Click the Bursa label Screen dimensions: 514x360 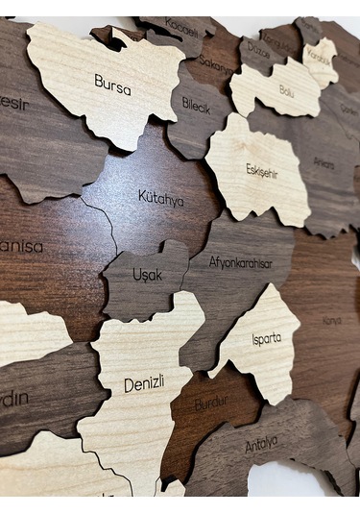[x=112, y=84]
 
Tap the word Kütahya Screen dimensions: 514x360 [x=160, y=198]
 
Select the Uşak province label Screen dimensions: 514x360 [x=147, y=275]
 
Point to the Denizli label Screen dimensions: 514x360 [x=144, y=384]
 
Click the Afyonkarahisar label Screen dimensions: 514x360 [x=240, y=262]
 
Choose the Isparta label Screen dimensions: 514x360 [x=266, y=338]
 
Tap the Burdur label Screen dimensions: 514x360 [x=211, y=404]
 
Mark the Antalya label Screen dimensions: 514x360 [x=260, y=444]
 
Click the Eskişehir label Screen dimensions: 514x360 [x=261, y=170]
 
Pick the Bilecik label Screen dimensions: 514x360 [x=196, y=107]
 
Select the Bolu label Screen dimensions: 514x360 [x=286, y=90]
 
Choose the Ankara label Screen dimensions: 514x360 [x=324, y=163]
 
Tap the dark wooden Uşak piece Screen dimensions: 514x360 [x=144, y=288]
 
